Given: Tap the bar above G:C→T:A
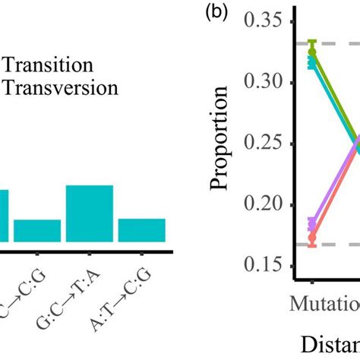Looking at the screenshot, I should tap(90, 213).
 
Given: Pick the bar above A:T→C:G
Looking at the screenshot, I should tap(141, 229).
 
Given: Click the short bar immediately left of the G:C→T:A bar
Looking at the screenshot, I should tap(37, 230).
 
